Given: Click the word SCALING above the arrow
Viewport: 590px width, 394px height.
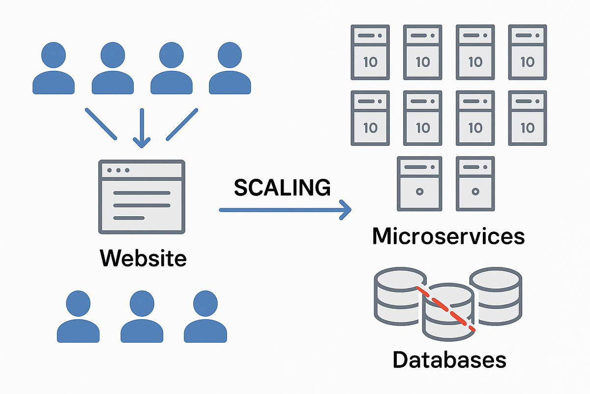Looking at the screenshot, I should coord(282,188).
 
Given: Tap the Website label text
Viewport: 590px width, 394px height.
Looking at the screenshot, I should coord(143,258).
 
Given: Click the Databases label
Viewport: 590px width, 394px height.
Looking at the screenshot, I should coord(449,360).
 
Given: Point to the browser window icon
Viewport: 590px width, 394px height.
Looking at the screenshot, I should coord(142,196).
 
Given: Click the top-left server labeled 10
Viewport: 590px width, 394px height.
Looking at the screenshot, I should coord(370,52).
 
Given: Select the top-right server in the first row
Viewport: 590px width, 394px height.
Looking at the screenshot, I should coord(527,52).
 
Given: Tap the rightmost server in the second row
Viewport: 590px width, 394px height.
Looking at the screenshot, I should coord(527,118).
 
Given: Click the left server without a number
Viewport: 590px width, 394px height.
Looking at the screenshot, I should coord(419,183).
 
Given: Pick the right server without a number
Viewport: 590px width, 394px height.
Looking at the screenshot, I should coord(475,183).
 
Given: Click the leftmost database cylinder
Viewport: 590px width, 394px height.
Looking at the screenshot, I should coord(393,295).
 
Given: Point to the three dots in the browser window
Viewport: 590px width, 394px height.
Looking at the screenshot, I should coord(118,170).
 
